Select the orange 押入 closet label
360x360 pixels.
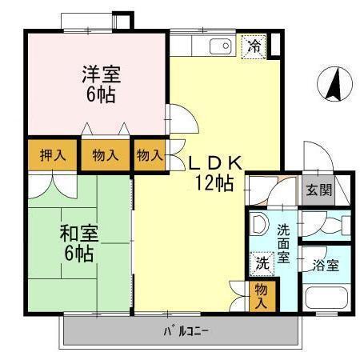tap(53, 154)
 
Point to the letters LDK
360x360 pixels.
tap(215, 161)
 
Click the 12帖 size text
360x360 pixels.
tap(214, 183)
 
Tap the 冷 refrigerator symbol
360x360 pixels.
tap(254, 46)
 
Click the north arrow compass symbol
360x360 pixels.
tap(335, 84)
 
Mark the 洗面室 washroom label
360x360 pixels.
tap(283, 244)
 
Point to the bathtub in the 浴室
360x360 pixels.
tap(326, 299)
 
